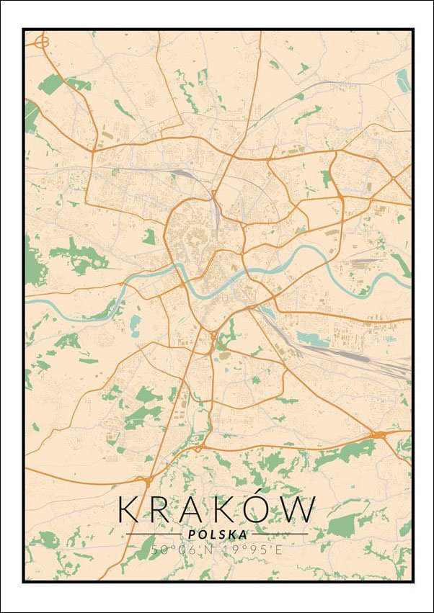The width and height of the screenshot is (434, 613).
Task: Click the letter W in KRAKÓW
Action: pos(297,510)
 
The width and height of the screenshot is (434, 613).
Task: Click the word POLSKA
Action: pos(216,534)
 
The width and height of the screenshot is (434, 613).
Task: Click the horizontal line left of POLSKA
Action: pos(154,534)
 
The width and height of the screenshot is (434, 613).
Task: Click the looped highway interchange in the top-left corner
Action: pos(40,42)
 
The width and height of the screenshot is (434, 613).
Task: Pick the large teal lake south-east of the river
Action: pos(312,339)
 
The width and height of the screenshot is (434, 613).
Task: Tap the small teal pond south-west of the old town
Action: pos(136,322)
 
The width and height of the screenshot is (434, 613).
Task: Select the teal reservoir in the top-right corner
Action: pos(403,81)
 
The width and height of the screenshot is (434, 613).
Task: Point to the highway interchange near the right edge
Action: pos(378,434)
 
